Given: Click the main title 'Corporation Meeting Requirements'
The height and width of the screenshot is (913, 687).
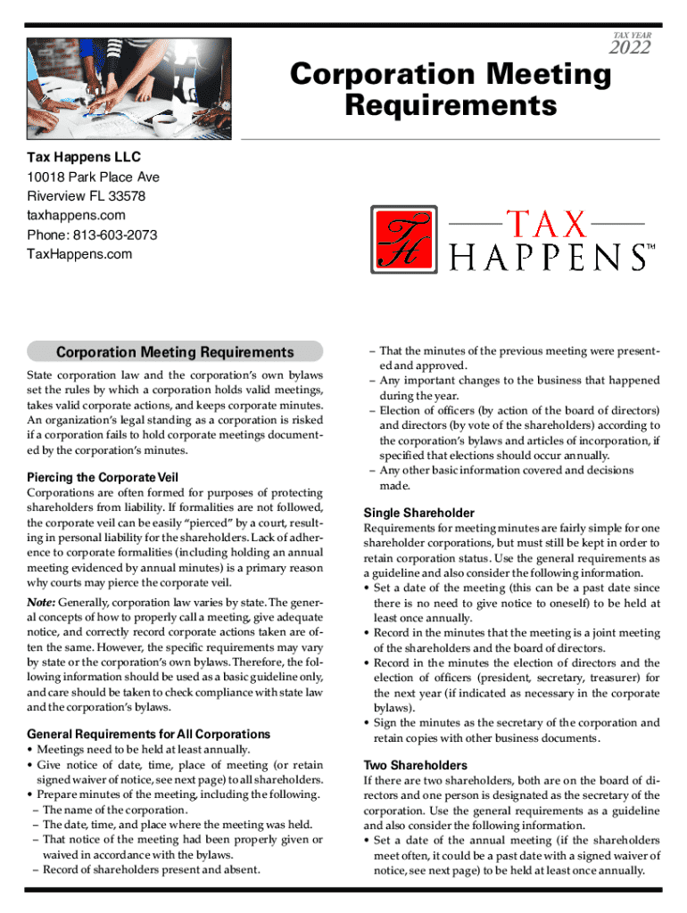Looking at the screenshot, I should [451, 90].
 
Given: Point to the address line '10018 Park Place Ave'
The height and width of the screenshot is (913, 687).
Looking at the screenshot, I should [94, 177].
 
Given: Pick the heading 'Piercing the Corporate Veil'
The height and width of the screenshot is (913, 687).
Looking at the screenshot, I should [103, 477].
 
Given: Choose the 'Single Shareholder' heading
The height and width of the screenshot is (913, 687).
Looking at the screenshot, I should [418, 513].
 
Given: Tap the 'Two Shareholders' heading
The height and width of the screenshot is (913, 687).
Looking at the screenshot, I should [415, 765].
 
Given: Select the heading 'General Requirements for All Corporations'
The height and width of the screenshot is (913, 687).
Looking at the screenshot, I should [149, 734].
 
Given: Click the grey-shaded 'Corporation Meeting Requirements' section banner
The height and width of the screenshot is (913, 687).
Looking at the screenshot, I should [175, 352].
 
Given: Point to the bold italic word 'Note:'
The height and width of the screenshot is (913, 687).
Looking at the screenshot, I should [43, 603].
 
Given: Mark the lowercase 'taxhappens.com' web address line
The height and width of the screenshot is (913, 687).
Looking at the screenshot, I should [76, 215].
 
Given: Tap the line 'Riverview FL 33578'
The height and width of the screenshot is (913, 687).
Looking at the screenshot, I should [86, 196].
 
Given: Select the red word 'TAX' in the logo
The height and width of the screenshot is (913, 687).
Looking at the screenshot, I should [546, 224].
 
